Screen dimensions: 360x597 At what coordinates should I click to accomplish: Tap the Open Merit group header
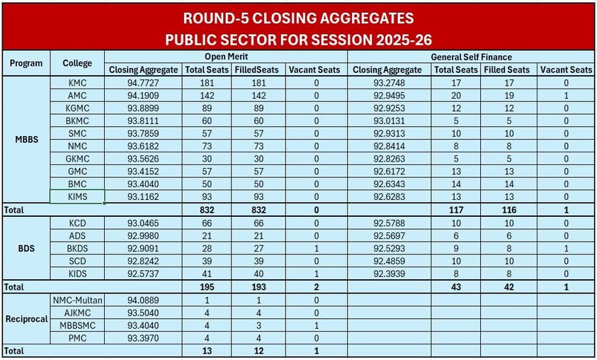[226, 56]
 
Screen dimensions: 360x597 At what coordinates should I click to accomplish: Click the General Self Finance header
[471, 56]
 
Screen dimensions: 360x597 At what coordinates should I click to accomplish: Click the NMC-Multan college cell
[78, 300]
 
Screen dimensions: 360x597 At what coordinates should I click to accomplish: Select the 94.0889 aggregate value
[143, 300]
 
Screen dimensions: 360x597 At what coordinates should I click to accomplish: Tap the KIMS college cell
[77, 197]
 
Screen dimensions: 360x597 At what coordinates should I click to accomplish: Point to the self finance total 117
[456, 210]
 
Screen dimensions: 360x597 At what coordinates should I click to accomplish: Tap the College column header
[77, 62]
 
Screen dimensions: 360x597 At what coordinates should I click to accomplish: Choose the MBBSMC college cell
[77, 325]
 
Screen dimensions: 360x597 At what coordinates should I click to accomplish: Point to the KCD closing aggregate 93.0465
[143, 223]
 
